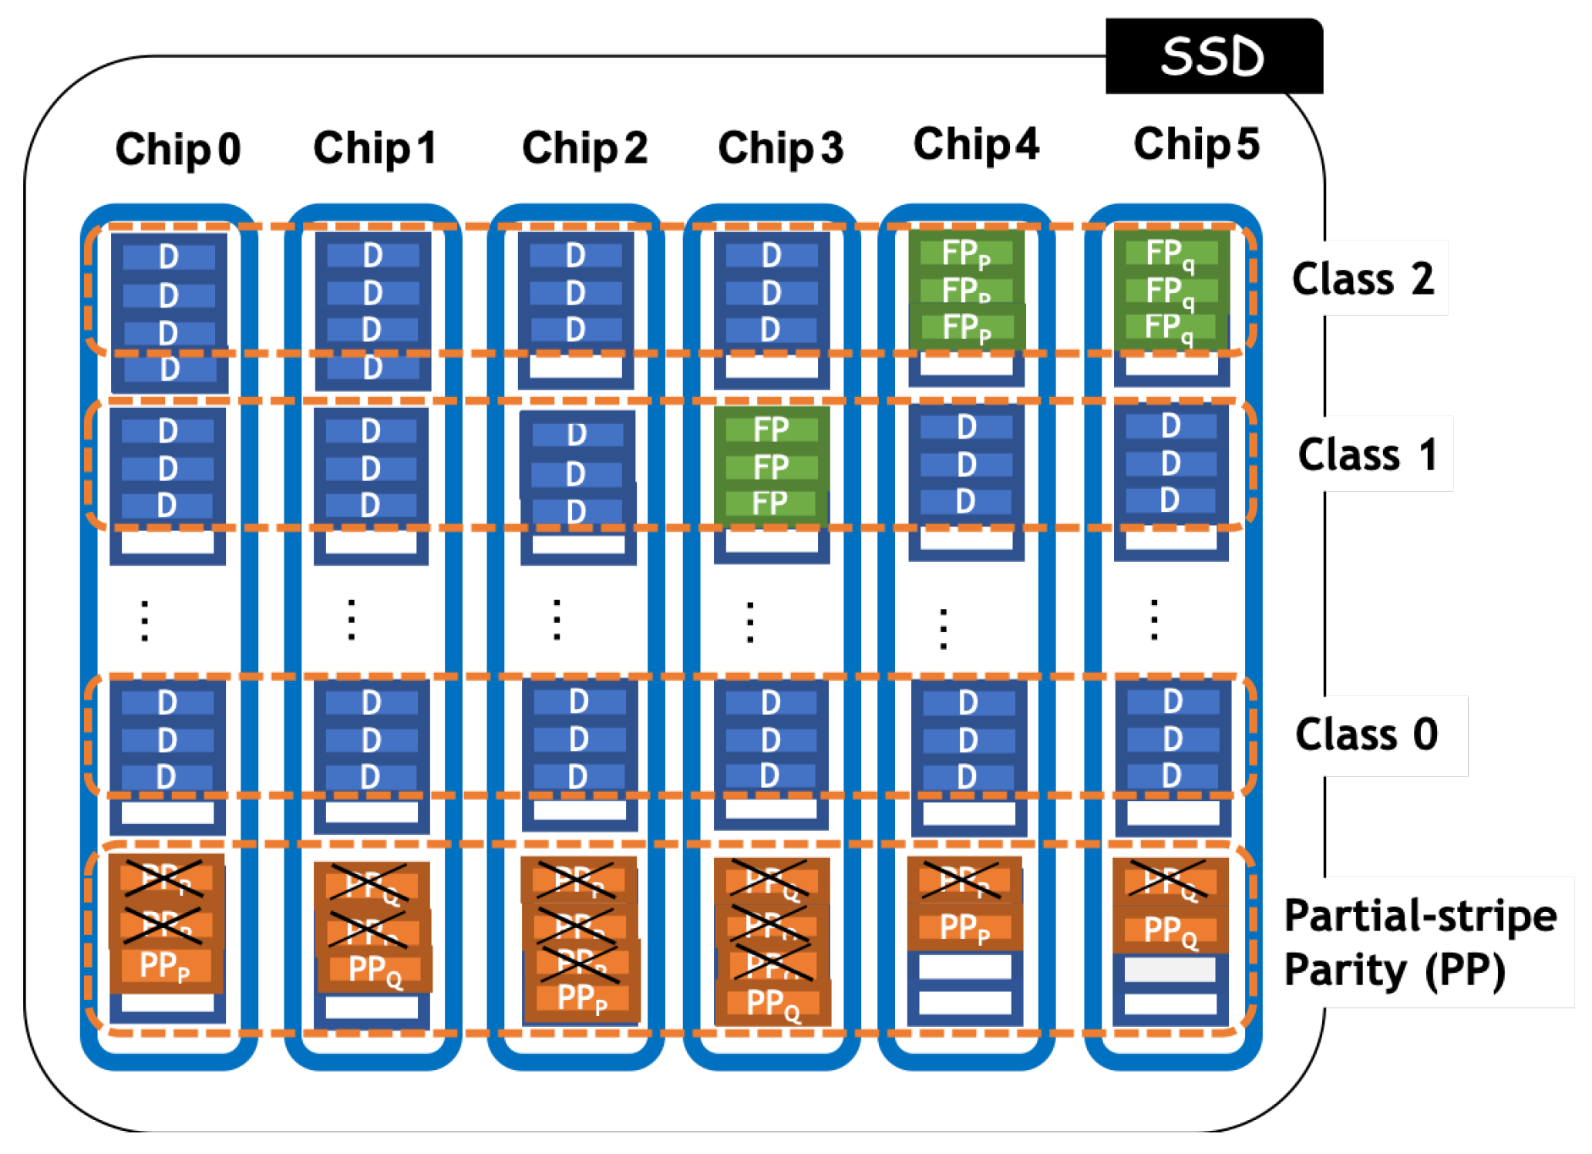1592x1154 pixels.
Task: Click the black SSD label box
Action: [x=1213, y=56]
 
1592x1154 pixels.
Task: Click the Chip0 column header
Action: [x=177, y=149]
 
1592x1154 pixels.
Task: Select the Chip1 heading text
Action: [x=375, y=147]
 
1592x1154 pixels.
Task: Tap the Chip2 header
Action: [x=584, y=147]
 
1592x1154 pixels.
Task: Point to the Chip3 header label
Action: [x=780, y=147]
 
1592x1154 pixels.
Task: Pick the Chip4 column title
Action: [x=975, y=144]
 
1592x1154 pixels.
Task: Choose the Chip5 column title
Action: [x=1196, y=144]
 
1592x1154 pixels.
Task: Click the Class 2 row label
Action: [x=1362, y=278]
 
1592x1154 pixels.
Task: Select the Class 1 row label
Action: [x=1367, y=454]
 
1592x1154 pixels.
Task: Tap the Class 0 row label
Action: [x=1366, y=734]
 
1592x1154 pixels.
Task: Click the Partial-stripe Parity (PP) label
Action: [x=1419, y=942]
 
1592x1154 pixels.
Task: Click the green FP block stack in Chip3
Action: [x=771, y=466]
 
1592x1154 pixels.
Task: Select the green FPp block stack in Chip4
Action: [x=966, y=291]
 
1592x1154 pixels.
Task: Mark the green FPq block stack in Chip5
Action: [x=1170, y=291]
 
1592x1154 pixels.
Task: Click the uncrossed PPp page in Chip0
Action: [x=165, y=966]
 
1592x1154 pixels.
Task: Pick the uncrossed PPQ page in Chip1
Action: [x=374, y=969]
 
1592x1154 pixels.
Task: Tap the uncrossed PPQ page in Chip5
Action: [x=1170, y=930]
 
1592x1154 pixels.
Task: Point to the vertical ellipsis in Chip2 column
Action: [x=557, y=620]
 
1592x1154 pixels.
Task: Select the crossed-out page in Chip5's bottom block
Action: [x=1170, y=880]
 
